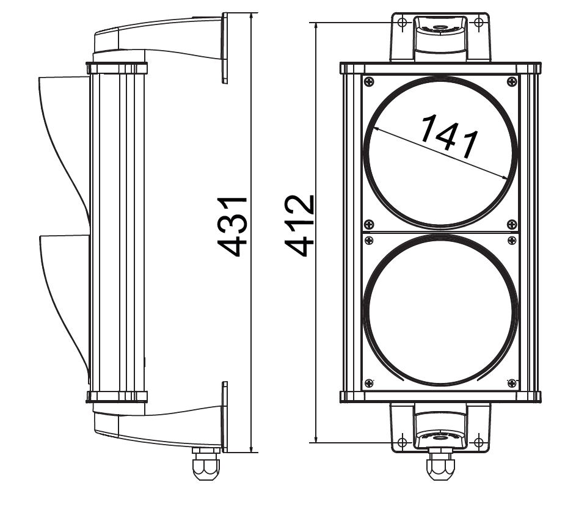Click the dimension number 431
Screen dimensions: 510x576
click(x=233, y=227)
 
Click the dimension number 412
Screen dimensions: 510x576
click(x=301, y=227)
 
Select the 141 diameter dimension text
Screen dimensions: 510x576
click(x=449, y=136)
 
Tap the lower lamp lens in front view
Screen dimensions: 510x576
click(x=440, y=312)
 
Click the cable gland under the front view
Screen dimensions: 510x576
click(x=440, y=465)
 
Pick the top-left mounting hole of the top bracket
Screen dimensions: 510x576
click(x=401, y=23)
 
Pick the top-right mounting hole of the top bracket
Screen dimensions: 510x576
click(x=479, y=23)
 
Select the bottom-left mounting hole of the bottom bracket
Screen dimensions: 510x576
click(x=401, y=442)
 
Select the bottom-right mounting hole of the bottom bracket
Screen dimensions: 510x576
click(x=479, y=442)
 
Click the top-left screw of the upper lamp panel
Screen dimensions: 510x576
click(x=368, y=82)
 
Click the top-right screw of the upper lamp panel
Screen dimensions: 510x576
click(x=511, y=82)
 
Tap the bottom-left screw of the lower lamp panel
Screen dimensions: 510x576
click(x=368, y=383)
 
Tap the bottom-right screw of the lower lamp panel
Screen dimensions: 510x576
click(x=511, y=383)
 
